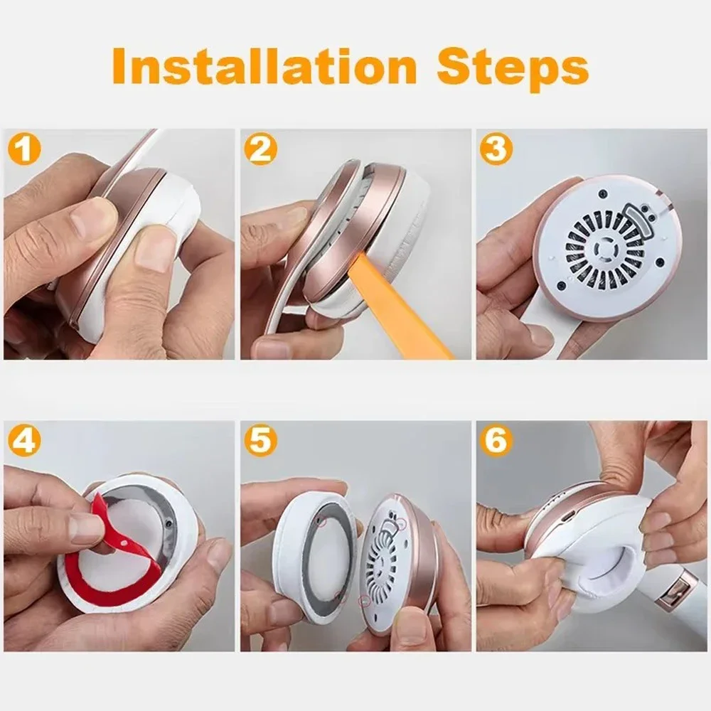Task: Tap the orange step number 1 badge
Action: click(24, 149)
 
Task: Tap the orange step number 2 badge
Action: click(261, 149)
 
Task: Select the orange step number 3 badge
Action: click(496, 149)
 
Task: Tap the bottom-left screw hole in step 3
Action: click(562, 286)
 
